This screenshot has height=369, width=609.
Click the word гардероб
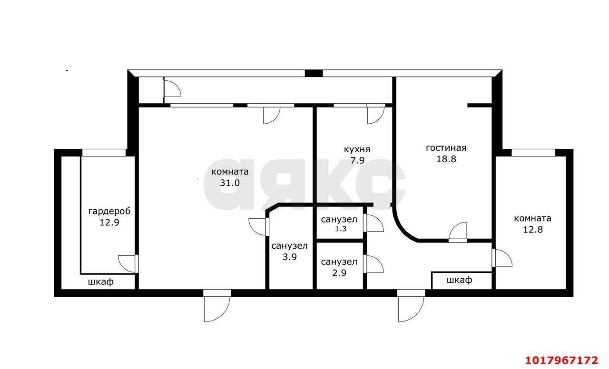(109, 212)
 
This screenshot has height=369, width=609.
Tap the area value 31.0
(230, 183)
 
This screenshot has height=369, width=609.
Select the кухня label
(357, 149)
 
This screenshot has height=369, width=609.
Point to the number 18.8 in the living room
(446, 159)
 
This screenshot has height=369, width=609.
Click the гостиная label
(446, 148)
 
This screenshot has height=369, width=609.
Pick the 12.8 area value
(533, 230)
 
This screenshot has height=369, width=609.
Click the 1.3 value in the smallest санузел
(340, 229)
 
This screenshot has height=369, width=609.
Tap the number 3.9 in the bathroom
(290, 257)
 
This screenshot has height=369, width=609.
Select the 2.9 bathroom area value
(339, 273)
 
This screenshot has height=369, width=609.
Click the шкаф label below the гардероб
(101, 282)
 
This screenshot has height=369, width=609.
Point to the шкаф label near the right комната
(460, 280)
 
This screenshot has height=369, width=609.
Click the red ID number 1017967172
(562, 360)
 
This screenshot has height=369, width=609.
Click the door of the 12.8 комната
(502, 258)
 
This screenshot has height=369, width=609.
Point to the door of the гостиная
(458, 232)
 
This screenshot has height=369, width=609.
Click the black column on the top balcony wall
(314, 73)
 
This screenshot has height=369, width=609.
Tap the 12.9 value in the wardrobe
(109, 223)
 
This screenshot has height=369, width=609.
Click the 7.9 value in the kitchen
(357, 161)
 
